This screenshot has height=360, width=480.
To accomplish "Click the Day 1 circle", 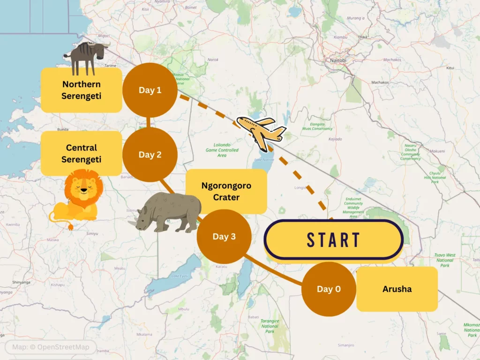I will tap(150, 90).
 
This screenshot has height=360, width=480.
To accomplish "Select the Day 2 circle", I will tap(150, 155).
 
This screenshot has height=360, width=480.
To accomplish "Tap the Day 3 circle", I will tap(224, 236).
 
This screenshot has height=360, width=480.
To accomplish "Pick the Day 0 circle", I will tap(329, 289).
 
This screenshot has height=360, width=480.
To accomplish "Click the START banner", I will tap(333, 240).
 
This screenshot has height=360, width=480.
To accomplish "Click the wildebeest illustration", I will tap(87, 56).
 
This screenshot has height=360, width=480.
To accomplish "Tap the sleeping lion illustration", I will tap(77, 197).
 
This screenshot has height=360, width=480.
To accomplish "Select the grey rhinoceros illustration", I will tap(166, 212).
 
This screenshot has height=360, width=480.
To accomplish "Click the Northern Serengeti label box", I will tap(82, 90).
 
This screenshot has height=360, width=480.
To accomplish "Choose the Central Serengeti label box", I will tap(82, 154).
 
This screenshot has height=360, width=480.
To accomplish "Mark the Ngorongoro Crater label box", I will tap(226, 191).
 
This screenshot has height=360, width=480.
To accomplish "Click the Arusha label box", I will tap(397, 289).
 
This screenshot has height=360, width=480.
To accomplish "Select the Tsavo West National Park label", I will tap(445, 260).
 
